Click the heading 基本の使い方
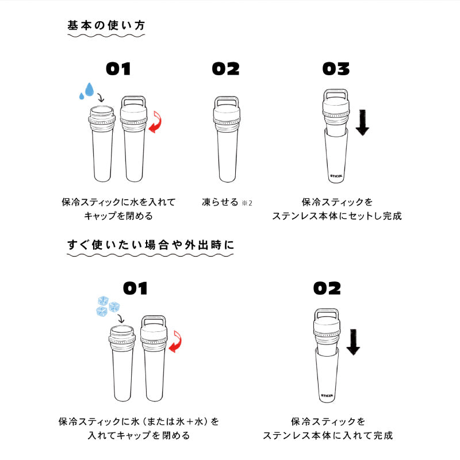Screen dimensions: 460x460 tap(106, 25)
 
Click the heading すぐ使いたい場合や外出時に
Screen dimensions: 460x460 tap(151, 245)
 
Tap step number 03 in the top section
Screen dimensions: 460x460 tap(336, 69)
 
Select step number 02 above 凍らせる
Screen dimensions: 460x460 tap(225, 69)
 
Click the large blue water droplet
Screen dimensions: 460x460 tap(89, 90)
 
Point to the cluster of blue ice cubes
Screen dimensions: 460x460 tap(108, 306)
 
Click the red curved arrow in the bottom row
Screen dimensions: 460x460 tap(175, 342)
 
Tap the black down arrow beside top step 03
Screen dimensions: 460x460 tap(362, 123)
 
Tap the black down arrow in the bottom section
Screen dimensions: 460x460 tap(353, 342)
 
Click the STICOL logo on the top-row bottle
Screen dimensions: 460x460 tap(336, 176)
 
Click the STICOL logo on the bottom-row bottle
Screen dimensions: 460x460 tap(327, 396)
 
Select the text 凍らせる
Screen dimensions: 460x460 tap(220, 202)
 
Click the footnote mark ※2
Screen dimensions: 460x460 tap(247, 203)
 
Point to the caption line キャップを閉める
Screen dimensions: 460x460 tap(118, 216)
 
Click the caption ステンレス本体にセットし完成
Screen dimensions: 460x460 tap(337, 216)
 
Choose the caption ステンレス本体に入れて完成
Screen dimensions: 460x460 tap(328, 435)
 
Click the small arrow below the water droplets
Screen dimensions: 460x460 tap(101, 98)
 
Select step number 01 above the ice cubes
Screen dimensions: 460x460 tap(135, 288)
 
